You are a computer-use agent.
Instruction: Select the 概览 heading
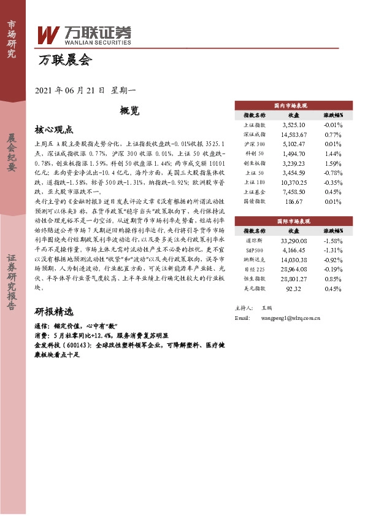[129, 111]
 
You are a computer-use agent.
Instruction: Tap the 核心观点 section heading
[54, 130]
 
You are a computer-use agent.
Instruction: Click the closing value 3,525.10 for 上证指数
[293, 124]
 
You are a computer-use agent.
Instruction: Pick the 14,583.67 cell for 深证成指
[293, 134]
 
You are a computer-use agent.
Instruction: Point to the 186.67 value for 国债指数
[293, 201]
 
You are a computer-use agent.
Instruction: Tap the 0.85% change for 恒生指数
[332, 278]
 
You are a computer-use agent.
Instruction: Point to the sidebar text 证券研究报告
[12, 283]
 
